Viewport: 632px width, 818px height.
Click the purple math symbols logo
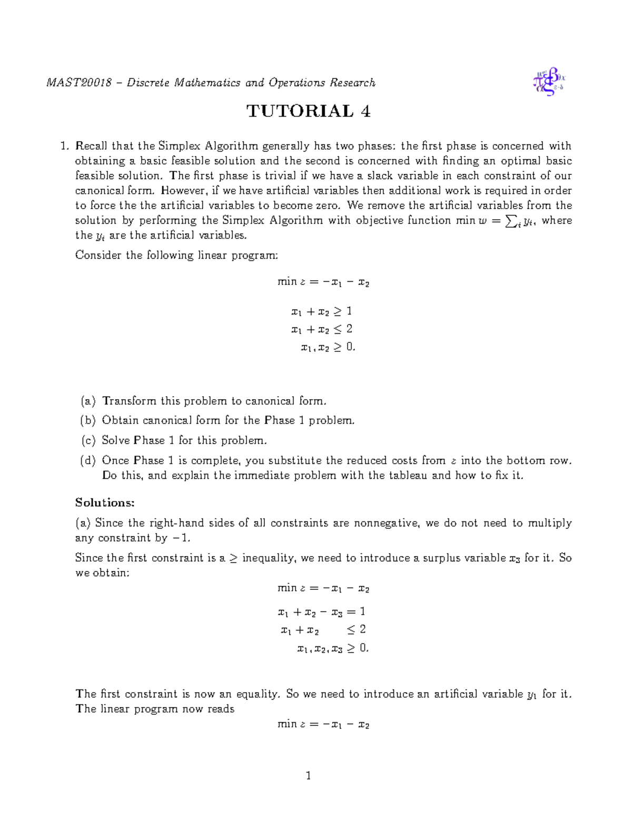(549, 82)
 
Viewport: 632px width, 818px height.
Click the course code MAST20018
(79, 83)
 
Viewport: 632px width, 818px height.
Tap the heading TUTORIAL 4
(309, 111)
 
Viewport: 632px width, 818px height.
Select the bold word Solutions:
(105, 502)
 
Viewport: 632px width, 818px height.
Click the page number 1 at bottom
(309, 775)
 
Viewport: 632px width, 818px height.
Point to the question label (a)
(88, 401)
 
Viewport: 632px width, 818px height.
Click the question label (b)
(88, 421)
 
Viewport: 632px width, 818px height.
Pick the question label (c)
(88, 440)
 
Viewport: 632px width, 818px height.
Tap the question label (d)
(88, 460)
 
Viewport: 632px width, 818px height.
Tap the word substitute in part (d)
(295, 460)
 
